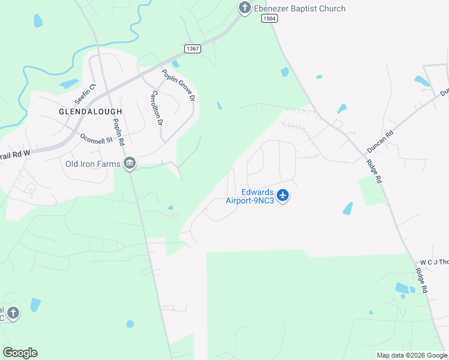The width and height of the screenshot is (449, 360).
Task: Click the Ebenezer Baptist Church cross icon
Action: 244,8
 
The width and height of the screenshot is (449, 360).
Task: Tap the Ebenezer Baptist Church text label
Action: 299,8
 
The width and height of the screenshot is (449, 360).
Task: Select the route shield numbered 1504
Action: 270,19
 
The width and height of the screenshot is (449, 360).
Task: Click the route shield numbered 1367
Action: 192,49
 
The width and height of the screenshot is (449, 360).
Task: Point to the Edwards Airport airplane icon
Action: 283,196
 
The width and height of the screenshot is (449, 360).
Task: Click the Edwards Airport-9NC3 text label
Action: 250,196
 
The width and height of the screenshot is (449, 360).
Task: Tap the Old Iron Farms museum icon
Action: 129,164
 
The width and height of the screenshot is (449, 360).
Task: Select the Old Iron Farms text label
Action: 89,164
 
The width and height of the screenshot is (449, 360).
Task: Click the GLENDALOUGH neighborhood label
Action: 91,112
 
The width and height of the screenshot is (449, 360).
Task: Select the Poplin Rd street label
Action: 118,132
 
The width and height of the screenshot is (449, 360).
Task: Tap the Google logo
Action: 20,353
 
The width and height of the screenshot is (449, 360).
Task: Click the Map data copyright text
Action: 411,355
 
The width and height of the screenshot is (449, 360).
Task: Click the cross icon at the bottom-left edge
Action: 13,313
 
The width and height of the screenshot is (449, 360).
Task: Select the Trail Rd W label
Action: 14,155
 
